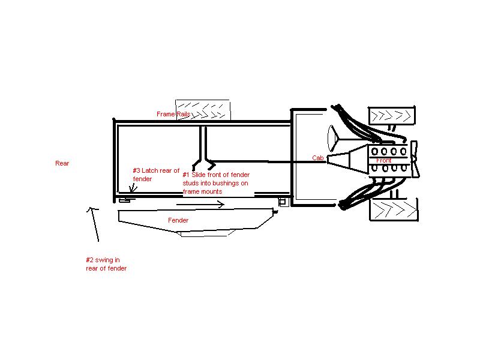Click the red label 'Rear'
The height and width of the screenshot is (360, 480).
62,163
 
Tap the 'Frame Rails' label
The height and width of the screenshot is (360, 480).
173,114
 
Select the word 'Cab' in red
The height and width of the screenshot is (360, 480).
318,158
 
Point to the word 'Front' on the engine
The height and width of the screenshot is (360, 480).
383,160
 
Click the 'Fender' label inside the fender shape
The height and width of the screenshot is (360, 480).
178,220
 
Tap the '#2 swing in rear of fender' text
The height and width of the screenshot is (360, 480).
106,264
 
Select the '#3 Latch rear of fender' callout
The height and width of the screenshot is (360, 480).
156,175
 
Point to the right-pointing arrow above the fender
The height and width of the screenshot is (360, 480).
200,204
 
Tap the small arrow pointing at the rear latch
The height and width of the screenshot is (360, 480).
133,188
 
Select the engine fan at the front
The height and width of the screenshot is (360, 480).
415,159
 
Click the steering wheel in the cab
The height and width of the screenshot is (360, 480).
332,139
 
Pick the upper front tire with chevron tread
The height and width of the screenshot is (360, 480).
392,116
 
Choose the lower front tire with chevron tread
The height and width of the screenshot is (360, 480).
394,209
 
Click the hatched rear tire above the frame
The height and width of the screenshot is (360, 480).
203,110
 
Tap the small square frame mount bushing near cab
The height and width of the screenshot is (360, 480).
283,202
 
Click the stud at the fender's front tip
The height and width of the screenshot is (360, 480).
275,212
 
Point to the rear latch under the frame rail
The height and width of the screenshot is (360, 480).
127,200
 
